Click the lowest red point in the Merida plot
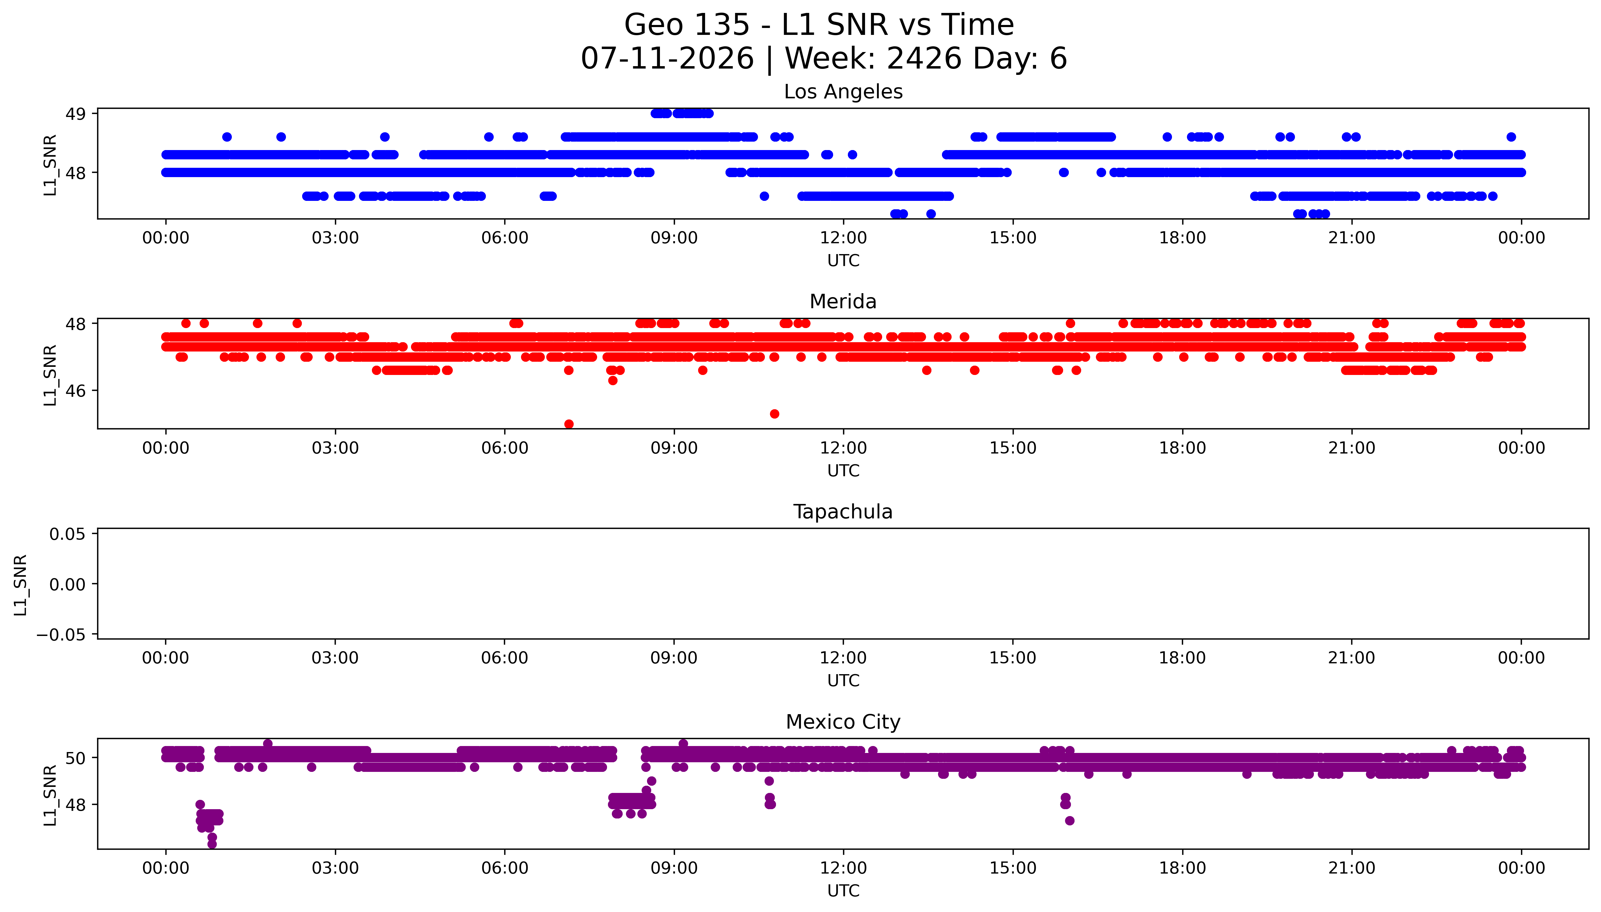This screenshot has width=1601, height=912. click(x=569, y=424)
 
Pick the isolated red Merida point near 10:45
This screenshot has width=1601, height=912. click(x=774, y=414)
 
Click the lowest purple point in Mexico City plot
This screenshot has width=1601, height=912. click(x=212, y=844)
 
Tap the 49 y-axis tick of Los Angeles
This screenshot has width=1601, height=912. click(x=76, y=114)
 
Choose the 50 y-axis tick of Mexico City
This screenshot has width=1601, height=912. click(x=76, y=758)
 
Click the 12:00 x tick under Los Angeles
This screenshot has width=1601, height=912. click(x=843, y=238)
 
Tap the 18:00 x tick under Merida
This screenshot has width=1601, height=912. click(x=1182, y=448)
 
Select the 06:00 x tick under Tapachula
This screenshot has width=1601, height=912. click(x=505, y=658)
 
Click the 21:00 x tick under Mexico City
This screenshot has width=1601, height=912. click(x=1352, y=868)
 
